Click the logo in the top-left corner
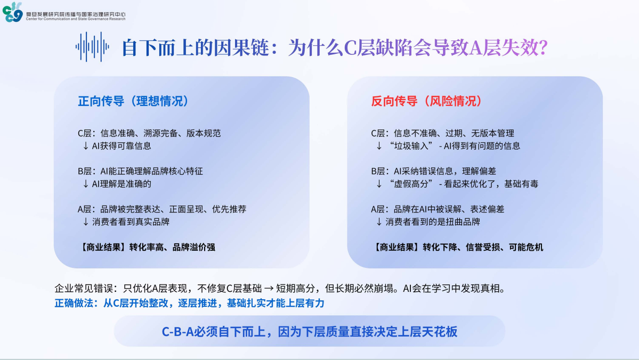coord(12,12)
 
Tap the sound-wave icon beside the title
coord(92,47)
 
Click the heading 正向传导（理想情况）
coord(133,101)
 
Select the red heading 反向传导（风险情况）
coord(427,101)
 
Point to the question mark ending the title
coord(543,47)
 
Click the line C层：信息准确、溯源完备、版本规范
coord(149,133)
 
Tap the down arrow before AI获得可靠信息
coord(86,146)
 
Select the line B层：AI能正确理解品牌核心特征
coord(140,171)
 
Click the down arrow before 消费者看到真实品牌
coord(86,222)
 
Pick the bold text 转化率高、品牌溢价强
coord(172,247)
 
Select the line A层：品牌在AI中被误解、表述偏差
coord(438,209)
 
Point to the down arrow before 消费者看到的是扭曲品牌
coord(379,222)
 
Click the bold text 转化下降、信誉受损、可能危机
coord(483,247)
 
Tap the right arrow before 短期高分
coord(269,289)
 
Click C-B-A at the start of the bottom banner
coord(177,331)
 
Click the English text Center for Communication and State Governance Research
coord(76,19)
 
